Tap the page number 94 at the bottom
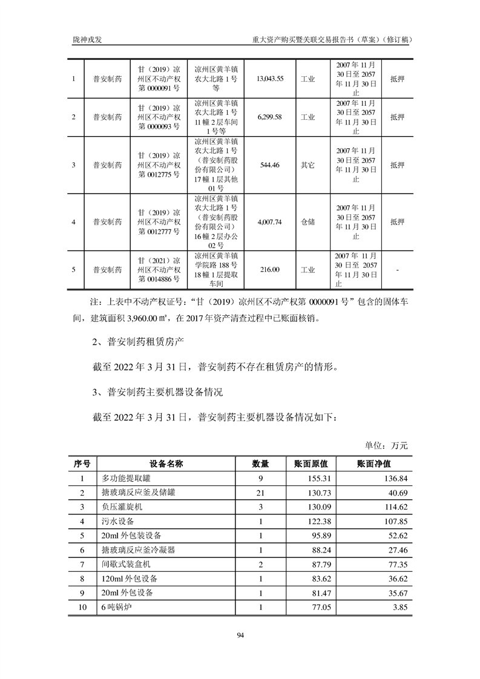(240, 635)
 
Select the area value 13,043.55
(270, 79)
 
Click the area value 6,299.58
(270, 117)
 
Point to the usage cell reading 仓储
(308, 222)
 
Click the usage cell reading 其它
(308, 165)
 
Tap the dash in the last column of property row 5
(397, 269)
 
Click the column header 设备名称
(166, 464)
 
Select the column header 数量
(260, 464)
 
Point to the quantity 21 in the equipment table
(260, 493)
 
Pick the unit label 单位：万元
(386, 445)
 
